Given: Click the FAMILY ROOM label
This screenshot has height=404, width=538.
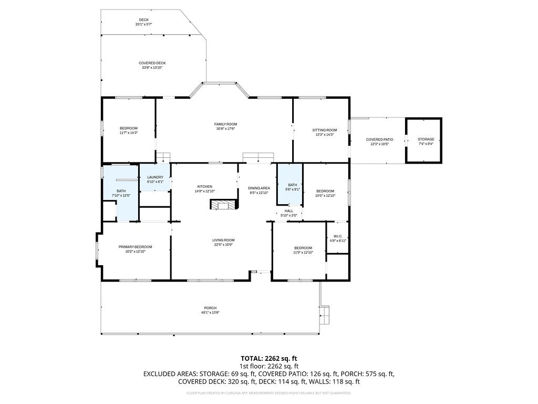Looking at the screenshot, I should (225, 124).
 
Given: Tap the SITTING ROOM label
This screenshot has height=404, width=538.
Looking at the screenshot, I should (324, 130).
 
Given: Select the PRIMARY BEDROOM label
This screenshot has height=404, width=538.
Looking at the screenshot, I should (135, 247).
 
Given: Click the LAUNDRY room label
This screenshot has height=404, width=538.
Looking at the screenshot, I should (155, 177).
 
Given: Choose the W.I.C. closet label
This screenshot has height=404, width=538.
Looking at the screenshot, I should (337, 236).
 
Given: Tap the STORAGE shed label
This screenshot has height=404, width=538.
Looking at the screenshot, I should (426, 139).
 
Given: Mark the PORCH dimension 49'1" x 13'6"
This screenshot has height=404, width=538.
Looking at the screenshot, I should (210, 312).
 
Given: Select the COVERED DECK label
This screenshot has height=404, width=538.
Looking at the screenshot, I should (152, 63).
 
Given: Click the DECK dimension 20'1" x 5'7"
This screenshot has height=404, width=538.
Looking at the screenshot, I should (143, 24).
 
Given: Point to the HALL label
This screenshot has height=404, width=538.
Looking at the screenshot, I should (289, 211).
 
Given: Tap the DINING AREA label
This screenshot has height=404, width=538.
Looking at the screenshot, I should (259, 188).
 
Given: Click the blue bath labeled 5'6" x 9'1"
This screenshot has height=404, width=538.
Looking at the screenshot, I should (292, 187).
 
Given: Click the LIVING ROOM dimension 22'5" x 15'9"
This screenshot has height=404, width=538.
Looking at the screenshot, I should (223, 245).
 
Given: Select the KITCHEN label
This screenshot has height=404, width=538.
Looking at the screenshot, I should (204, 187).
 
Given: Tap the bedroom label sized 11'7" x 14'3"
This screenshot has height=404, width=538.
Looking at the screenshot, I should (128, 128).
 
